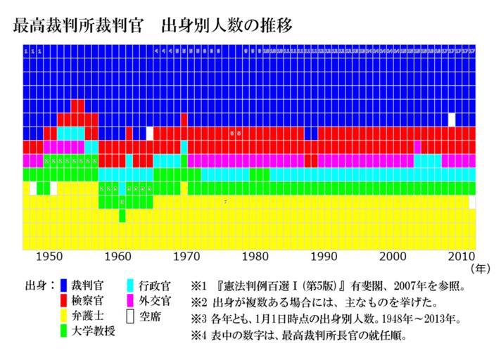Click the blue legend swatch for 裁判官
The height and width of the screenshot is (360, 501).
coord(64,285)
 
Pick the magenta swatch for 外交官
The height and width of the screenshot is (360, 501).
coord(130,301)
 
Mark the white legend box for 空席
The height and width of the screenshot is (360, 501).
coord(130,316)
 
